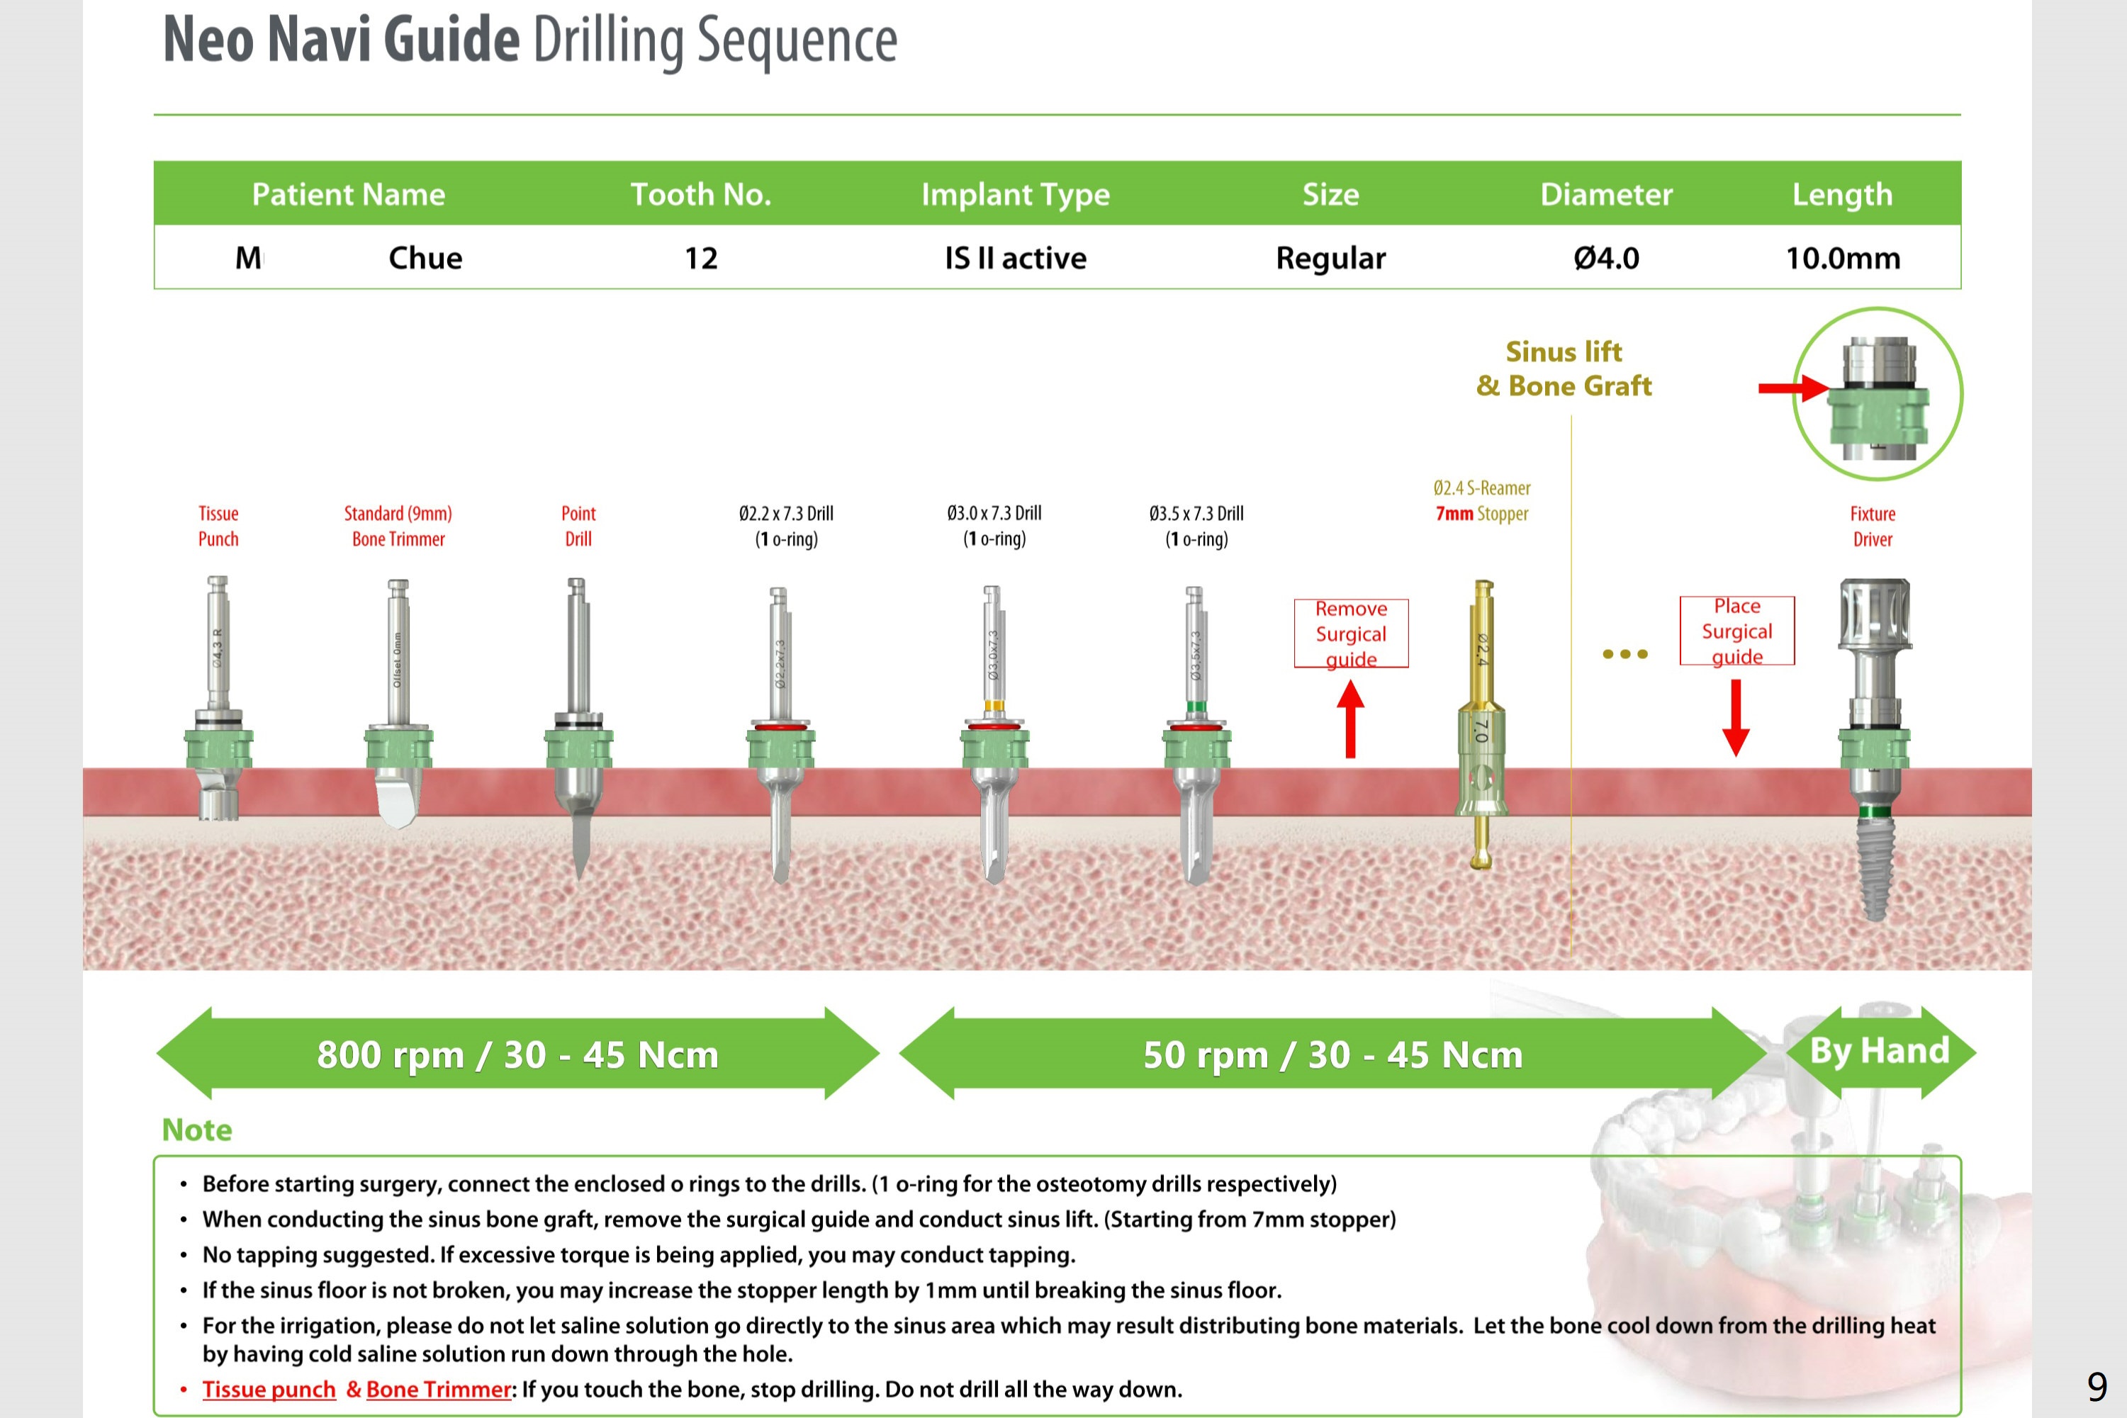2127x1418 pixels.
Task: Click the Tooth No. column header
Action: point(701,194)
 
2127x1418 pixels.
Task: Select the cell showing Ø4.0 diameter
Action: point(1606,259)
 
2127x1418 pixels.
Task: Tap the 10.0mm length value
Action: point(1842,259)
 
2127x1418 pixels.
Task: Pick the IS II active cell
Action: point(1016,259)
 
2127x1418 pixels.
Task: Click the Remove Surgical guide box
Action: point(1351,633)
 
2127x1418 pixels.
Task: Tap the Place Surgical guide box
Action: point(1736,630)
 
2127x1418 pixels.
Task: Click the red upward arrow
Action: point(1350,719)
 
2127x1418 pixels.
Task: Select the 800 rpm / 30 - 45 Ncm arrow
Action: point(517,1054)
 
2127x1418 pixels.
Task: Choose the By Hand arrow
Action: point(1880,1052)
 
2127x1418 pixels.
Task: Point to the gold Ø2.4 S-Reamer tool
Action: point(1481,724)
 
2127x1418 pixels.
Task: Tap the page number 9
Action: point(2097,1385)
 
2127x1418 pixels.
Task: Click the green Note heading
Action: point(197,1130)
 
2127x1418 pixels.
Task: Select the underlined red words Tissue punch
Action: point(269,1389)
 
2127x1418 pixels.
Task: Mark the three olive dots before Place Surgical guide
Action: point(1625,654)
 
